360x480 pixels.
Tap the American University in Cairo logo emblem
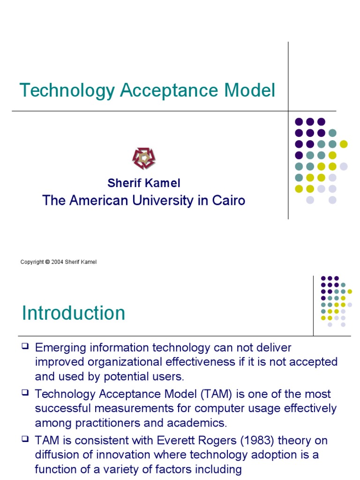point(143,158)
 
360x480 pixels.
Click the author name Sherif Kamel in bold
point(144,183)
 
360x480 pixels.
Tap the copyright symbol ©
point(47,262)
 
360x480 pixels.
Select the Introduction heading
point(74,313)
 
